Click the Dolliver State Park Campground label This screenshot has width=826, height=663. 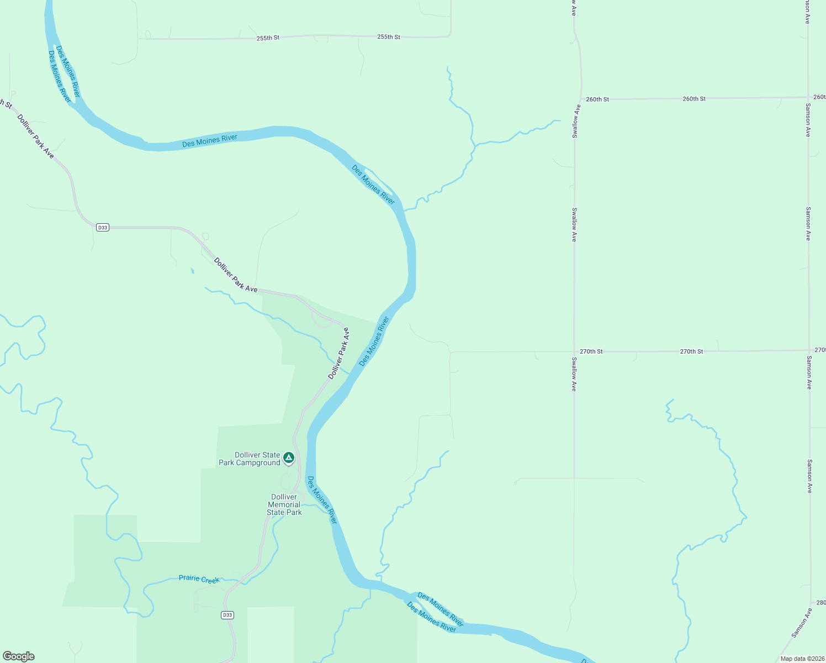[x=250, y=459]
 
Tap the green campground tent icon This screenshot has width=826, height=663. [x=288, y=458]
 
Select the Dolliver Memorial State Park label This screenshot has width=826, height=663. [x=284, y=504]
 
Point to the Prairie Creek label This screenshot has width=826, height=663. [x=199, y=579]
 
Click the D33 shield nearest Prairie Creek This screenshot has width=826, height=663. [x=227, y=615]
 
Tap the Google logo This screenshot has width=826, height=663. [x=19, y=656]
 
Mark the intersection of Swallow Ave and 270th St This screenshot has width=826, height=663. [x=574, y=351]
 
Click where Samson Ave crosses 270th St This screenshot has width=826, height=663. [x=809, y=350]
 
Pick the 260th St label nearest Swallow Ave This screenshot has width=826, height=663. [x=597, y=99]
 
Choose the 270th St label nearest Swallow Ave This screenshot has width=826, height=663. [x=591, y=351]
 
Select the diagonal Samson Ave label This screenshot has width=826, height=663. [x=802, y=623]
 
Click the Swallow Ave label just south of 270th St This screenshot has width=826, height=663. [x=574, y=375]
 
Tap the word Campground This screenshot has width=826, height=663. [x=258, y=463]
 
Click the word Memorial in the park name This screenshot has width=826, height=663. [x=284, y=504]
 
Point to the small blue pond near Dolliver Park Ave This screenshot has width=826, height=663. [x=192, y=271]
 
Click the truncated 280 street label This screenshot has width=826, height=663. [x=820, y=603]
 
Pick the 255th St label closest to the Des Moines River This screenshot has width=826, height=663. [x=268, y=38]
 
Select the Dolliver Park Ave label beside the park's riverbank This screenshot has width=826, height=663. [x=339, y=354]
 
